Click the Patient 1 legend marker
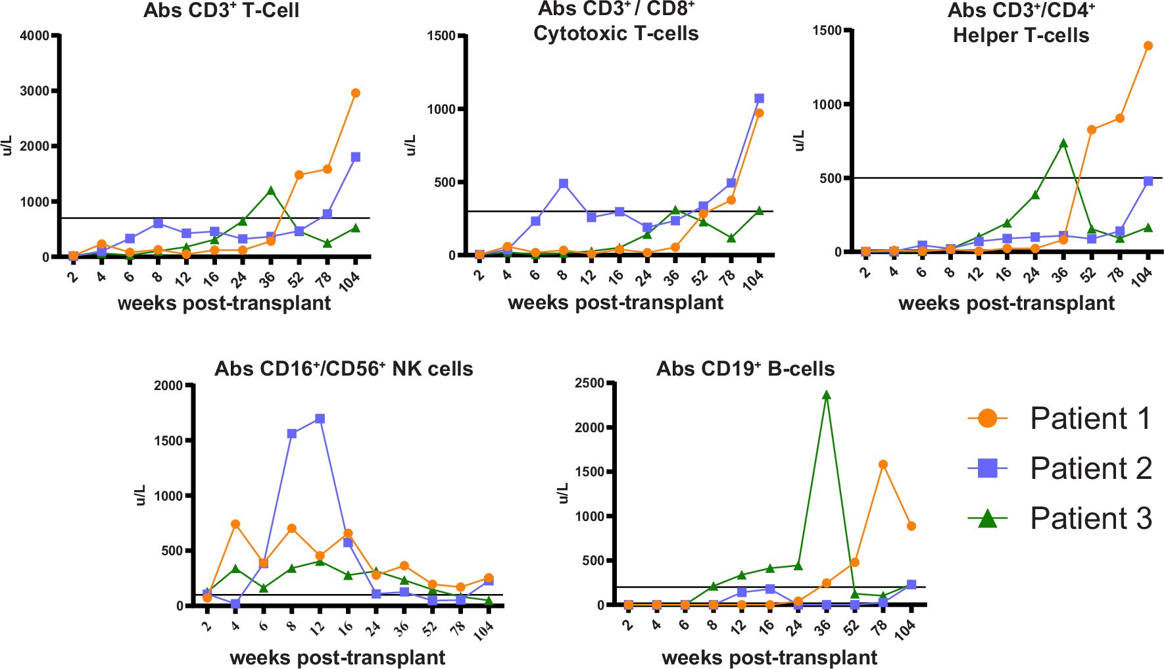click(x=987, y=418)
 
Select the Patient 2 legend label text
click(x=1090, y=468)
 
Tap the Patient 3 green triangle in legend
click(x=987, y=519)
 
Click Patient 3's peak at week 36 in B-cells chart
click(x=827, y=395)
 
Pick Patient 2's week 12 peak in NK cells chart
click(x=320, y=418)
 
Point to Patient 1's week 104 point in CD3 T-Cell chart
click(x=355, y=93)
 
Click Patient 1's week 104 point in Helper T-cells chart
click(x=1148, y=45)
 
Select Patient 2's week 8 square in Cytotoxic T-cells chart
click(x=563, y=184)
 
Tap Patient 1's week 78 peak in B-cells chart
click(x=883, y=464)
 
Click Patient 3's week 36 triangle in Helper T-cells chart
click(x=1063, y=143)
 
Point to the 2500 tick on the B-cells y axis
click(x=589, y=383)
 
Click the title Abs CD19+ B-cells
click(x=745, y=368)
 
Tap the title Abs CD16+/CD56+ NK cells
click(x=343, y=368)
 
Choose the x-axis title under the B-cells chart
click(x=769, y=657)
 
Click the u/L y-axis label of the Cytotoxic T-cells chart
click(x=412, y=145)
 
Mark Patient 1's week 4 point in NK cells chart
click(x=235, y=524)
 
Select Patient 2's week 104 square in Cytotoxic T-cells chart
click(x=759, y=99)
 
